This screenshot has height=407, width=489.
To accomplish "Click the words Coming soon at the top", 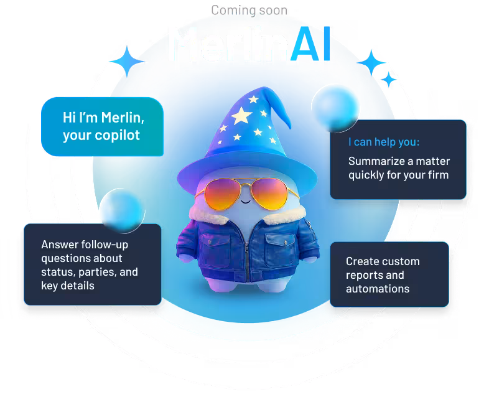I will tap(249, 10).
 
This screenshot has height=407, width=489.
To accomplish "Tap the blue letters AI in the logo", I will tap(309, 44).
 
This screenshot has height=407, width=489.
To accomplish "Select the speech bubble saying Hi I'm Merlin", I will tap(103, 126).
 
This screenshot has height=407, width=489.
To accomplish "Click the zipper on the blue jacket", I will tap(247, 255).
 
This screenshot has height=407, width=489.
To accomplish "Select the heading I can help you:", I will tap(384, 142).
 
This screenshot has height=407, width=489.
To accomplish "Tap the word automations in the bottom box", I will tap(378, 289).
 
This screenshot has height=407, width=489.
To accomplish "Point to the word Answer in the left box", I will tap(60, 245).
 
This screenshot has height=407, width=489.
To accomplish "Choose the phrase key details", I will tap(68, 286).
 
